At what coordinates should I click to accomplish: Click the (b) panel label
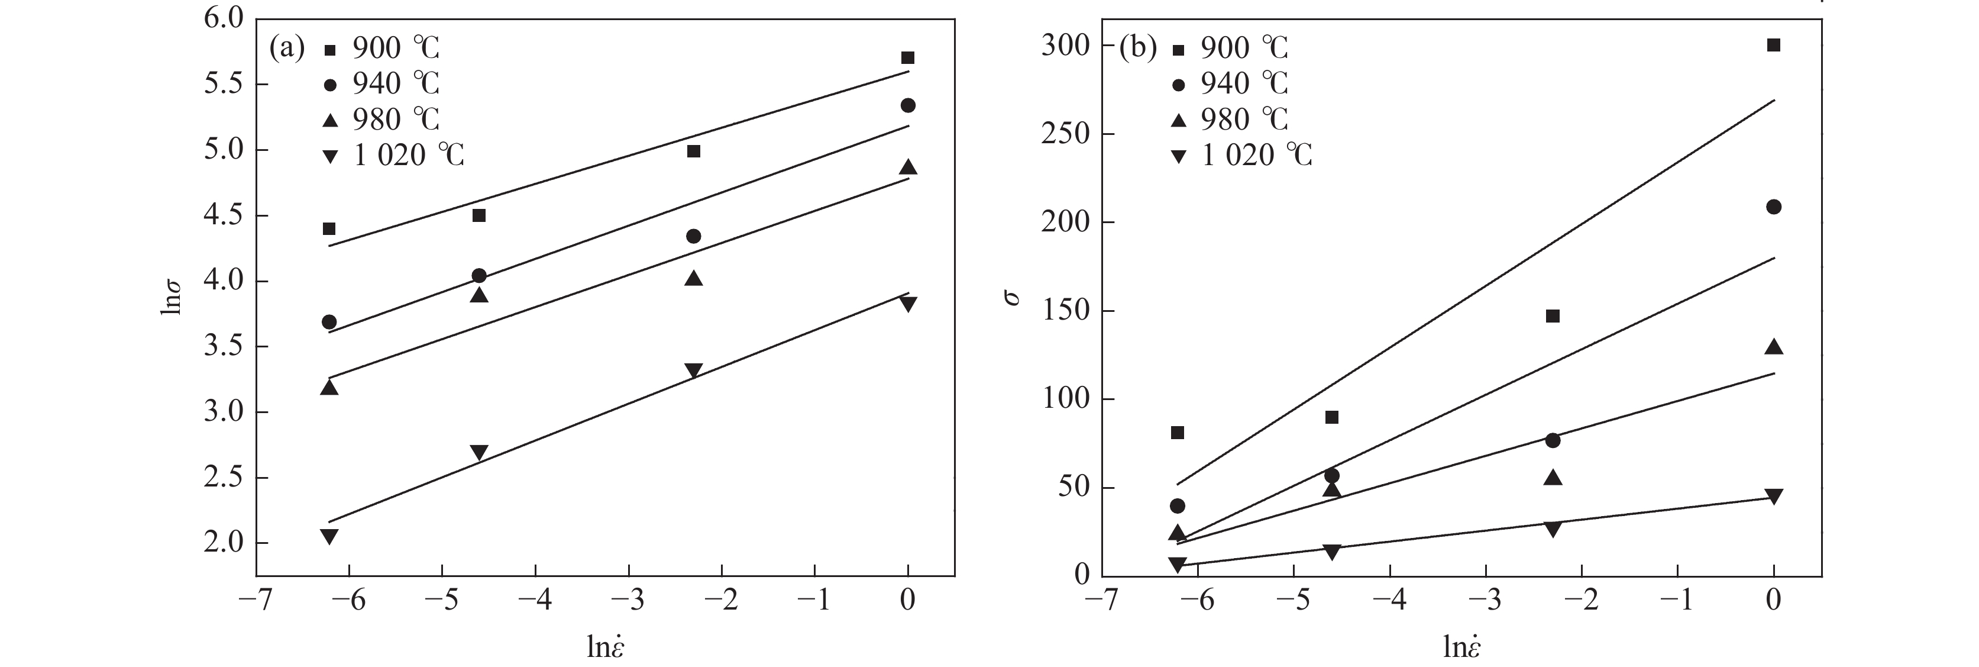click(x=1138, y=49)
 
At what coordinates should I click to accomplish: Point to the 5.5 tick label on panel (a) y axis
click(x=224, y=85)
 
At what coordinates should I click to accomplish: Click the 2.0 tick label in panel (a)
click(x=224, y=543)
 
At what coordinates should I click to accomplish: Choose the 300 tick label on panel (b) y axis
click(x=1066, y=46)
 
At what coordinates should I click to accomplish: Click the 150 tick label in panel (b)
click(x=1066, y=311)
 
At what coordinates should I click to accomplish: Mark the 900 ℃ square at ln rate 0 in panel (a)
click(x=907, y=57)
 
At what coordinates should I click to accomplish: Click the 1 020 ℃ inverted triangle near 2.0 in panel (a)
click(x=329, y=536)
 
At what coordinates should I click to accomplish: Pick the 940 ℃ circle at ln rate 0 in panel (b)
click(x=1774, y=207)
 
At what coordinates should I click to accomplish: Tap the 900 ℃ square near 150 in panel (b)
click(x=1553, y=316)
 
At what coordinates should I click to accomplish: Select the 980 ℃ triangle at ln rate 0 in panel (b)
click(x=1774, y=347)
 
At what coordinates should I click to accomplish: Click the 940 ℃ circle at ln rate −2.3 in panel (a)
click(x=693, y=236)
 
